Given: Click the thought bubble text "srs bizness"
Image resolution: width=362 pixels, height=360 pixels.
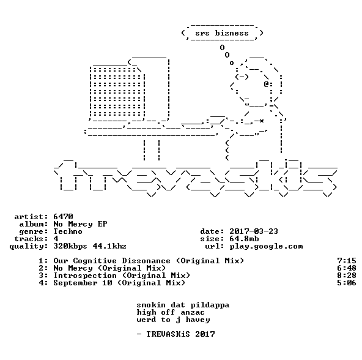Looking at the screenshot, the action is click(222, 33).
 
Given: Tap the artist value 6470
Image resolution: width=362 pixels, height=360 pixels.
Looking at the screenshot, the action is click(63, 217).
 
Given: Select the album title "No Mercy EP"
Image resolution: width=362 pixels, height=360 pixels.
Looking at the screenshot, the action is click(80, 224).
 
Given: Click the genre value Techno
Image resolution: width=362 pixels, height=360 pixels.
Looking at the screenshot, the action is click(68, 231).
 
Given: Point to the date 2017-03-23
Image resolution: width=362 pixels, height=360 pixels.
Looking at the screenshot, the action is click(254, 231).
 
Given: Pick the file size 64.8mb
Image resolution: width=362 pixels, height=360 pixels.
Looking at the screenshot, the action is click(244, 239).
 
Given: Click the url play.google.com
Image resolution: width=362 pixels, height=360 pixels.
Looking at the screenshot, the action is click(266, 246).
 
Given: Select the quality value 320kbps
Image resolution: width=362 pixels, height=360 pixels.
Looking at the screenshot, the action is click(70, 246).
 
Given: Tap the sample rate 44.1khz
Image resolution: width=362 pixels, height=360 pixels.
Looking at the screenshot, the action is click(109, 246).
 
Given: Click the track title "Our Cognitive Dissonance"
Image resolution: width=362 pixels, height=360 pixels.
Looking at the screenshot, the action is click(112, 261).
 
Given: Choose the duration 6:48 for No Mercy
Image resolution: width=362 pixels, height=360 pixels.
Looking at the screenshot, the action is click(347, 268).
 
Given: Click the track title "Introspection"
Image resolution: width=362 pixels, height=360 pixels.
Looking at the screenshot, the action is click(85, 276).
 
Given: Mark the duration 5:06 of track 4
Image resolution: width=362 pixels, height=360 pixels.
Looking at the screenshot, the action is click(347, 283).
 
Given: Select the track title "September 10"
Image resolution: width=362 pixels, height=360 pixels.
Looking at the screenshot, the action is click(83, 283).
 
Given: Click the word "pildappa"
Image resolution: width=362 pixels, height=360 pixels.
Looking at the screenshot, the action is click(210, 305).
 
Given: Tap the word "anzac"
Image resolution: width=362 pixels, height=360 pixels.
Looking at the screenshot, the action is click(193, 312).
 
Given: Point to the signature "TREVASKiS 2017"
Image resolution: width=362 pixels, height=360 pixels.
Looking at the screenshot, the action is click(180, 334).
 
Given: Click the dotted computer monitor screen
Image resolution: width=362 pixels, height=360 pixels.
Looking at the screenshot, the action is click(117, 92).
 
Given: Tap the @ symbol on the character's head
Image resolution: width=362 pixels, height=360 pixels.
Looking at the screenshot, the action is click(266, 84).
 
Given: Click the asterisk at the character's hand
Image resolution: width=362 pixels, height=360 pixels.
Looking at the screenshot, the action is click(261, 121).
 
